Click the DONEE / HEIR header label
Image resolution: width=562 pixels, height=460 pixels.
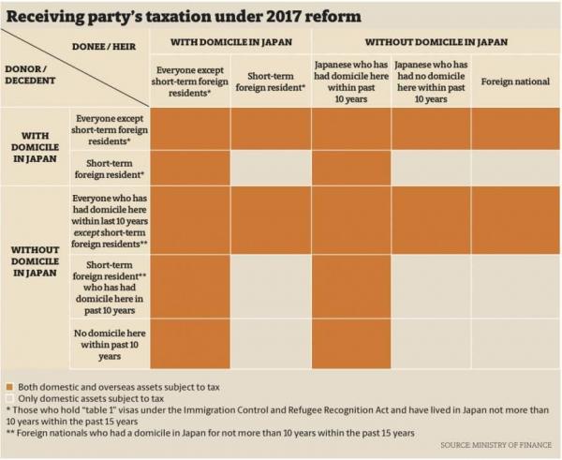(104, 43)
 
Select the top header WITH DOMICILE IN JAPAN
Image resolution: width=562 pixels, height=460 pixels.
(230, 42)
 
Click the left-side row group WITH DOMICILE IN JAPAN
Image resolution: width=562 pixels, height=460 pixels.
(36, 146)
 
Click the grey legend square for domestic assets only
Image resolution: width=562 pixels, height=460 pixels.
(9, 399)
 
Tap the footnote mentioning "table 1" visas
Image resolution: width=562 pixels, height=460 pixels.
(272, 417)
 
